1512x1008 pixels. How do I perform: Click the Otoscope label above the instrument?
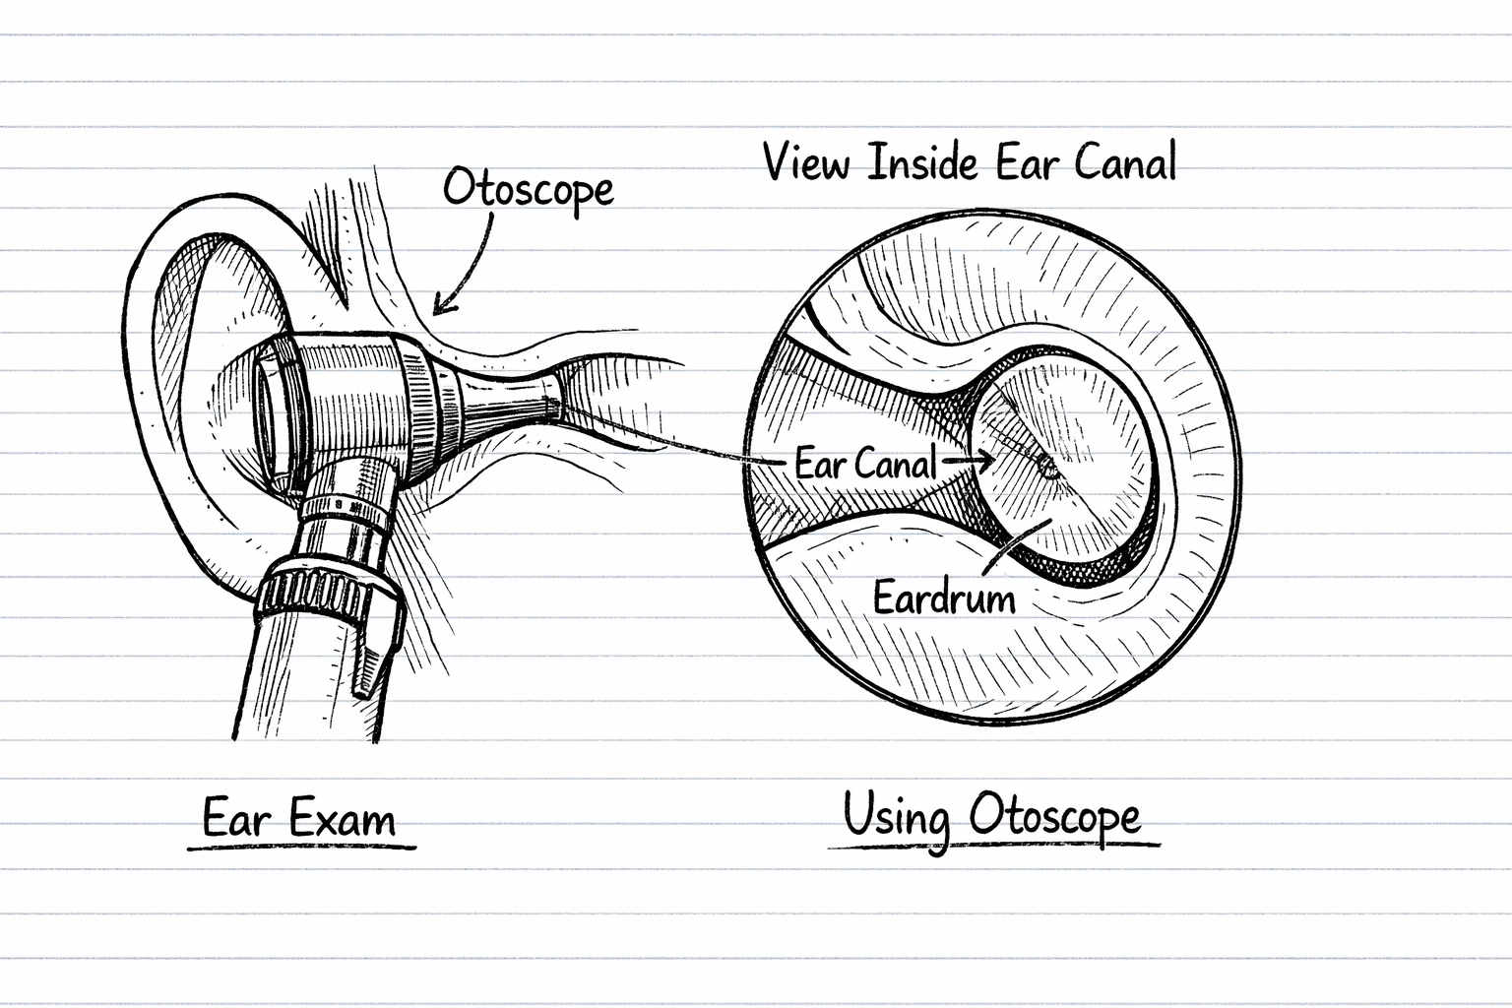(x=528, y=187)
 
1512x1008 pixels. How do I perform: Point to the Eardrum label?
(x=944, y=597)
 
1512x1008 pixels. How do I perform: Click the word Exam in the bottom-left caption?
(x=342, y=819)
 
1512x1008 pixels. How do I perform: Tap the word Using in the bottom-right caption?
(x=896, y=817)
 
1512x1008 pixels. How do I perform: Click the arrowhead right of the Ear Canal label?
(x=984, y=459)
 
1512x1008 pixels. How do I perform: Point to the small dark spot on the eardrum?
(x=1049, y=470)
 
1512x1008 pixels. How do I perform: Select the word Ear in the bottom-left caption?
(x=234, y=819)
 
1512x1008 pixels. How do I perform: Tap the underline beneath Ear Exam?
(x=301, y=846)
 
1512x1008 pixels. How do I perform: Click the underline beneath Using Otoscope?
(x=994, y=845)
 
